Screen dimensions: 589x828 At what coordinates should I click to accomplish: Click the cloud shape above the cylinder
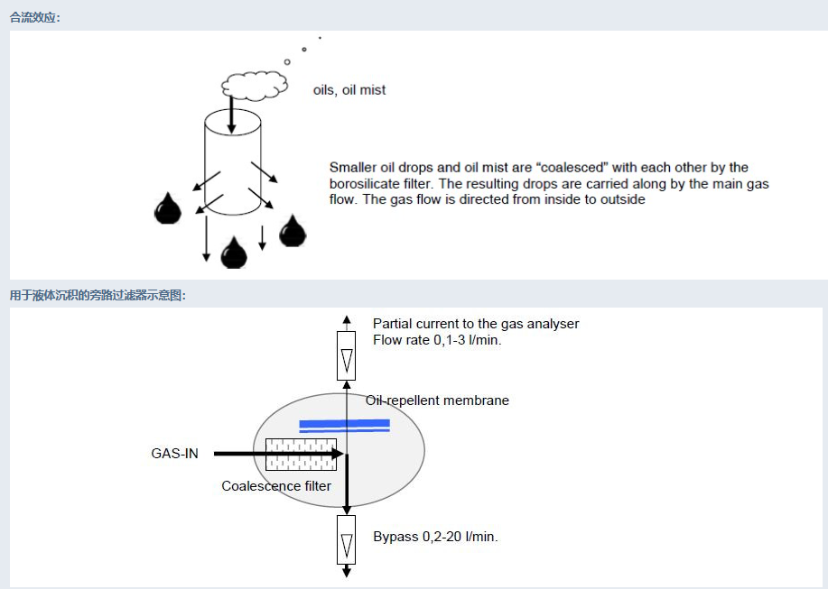(255, 85)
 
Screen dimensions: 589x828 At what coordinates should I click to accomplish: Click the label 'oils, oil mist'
(349, 90)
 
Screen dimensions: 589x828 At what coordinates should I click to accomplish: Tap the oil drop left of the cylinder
(168, 208)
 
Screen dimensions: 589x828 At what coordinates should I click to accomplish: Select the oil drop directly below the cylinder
(234, 253)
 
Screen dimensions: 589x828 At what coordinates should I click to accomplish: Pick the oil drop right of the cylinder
(293, 231)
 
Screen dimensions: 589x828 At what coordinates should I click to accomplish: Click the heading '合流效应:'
(35, 17)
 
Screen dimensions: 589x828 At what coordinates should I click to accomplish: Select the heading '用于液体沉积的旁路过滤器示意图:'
(98, 295)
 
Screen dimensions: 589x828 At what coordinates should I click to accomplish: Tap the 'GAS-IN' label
(174, 454)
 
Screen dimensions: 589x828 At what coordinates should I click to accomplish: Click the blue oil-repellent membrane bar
(344, 425)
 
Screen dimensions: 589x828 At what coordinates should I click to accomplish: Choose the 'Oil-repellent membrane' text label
(437, 400)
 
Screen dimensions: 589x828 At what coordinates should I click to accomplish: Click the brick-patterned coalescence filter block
(301, 454)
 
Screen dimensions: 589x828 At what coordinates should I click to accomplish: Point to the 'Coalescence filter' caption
(276, 486)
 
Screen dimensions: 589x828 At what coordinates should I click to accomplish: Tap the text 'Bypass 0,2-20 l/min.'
(435, 537)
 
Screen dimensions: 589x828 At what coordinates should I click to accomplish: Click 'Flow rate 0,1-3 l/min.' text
(437, 340)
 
